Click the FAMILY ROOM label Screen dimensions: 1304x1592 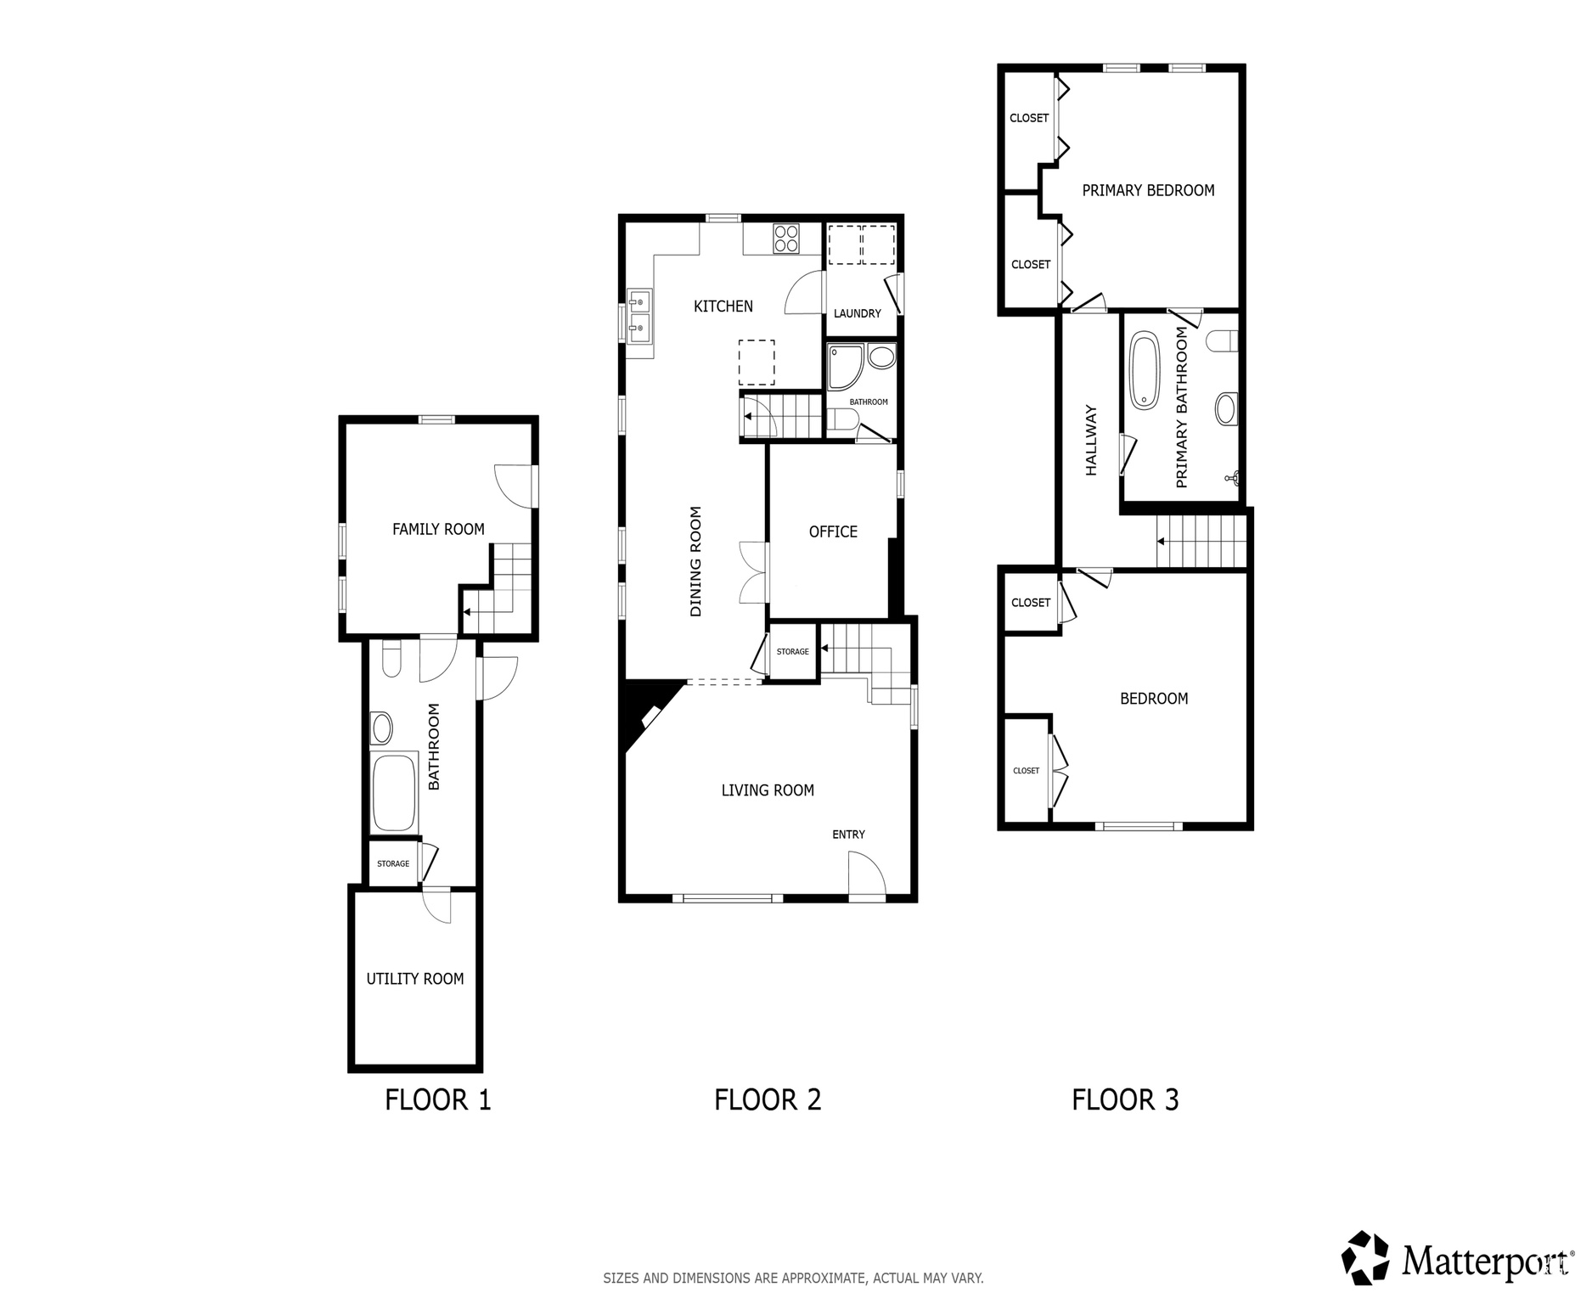438,530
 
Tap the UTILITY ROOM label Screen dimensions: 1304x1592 414,979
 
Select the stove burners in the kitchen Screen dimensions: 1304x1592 786,238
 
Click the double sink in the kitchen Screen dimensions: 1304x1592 638,313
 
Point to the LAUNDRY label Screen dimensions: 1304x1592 857,313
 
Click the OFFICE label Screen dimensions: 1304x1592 832,532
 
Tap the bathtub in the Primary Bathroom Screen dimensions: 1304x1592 1144,371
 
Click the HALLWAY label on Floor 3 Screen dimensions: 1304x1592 1092,440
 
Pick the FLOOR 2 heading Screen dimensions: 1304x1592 768,1100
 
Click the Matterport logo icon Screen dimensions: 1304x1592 1364,1258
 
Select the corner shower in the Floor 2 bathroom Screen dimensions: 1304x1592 846,367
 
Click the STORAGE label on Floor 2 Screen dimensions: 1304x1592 792,652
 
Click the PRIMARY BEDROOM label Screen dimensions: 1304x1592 1148,191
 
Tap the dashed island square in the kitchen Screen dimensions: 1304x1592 756,363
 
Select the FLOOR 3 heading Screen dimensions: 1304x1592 1125,1100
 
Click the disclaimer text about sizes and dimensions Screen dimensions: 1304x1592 793,1278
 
